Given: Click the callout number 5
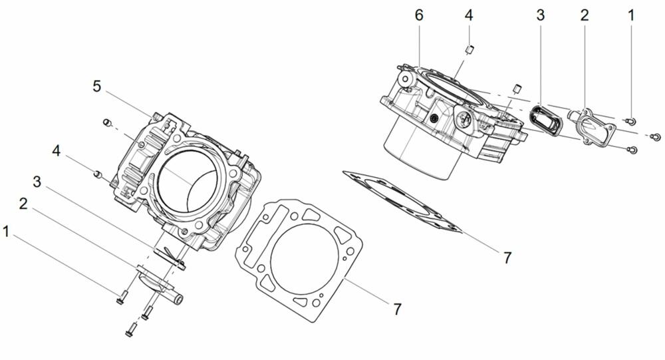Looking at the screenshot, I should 96,87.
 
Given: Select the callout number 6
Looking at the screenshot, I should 419,15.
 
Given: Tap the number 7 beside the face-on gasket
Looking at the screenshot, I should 397,309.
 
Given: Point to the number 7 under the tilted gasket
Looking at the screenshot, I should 507,258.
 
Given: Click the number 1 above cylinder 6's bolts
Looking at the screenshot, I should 631,15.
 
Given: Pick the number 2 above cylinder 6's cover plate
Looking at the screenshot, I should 584,15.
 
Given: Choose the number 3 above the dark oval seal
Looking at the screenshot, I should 540,15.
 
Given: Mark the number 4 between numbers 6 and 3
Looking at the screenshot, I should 469,15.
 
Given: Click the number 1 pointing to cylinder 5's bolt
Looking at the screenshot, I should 7,232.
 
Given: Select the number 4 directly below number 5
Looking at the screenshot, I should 57,152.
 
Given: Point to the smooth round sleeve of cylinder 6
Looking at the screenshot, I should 419,150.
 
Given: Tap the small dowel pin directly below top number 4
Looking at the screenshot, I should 470,48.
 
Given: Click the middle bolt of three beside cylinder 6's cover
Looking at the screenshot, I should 654,136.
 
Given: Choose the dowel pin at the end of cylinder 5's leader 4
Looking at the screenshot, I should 97,174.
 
